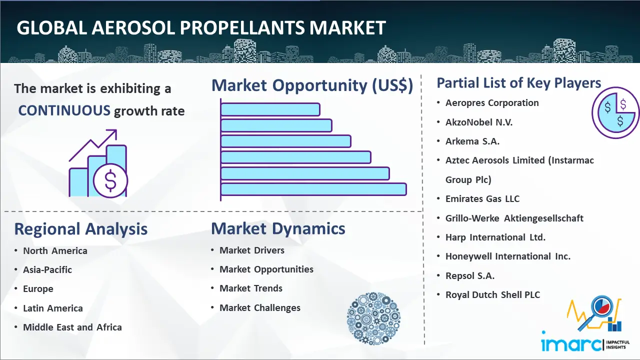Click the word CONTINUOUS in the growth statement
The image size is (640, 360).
(64, 110)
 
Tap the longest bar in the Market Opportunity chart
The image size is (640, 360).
(313, 189)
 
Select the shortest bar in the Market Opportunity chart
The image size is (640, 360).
(270, 109)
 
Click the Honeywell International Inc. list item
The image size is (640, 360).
(507, 256)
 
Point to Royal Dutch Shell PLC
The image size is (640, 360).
(492, 294)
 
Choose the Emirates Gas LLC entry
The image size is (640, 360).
(482, 198)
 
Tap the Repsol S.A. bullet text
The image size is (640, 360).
(469, 275)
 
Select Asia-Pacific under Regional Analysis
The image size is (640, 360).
(47, 269)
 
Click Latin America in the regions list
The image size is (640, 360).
(53, 308)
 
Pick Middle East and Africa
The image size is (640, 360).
(72, 327)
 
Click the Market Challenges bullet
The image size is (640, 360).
(259, 307)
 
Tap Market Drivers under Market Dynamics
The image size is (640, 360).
(251, 250)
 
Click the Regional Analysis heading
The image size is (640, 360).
(81, 229)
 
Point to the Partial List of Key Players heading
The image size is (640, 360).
(519, 83)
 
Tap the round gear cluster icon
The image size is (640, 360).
(373, 318)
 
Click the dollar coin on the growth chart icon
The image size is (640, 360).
(110, 180)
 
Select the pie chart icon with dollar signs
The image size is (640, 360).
(615, 112)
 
